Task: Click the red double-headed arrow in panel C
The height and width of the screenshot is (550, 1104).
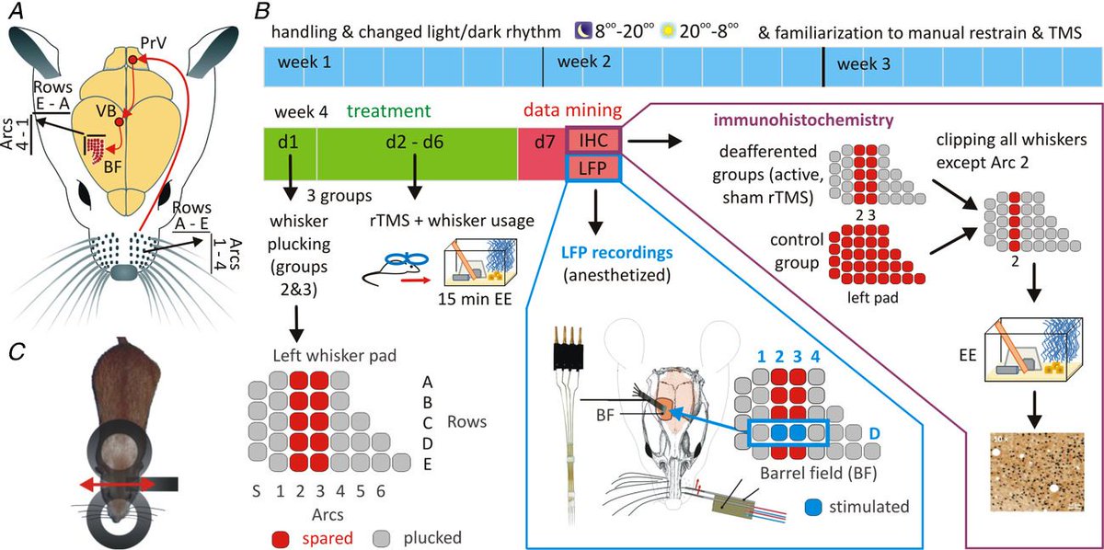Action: pyautogui.click(x=115, y=484)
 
